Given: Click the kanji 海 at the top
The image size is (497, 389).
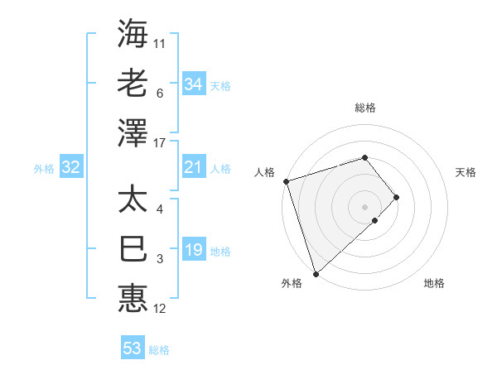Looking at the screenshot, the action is pyautogui.click(x=133, y=34).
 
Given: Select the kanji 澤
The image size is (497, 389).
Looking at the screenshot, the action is pyautogui.click(x=133, y=131).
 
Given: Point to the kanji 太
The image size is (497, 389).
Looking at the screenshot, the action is pyautogui.click(x=133, y=199).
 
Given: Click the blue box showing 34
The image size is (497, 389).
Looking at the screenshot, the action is pyautogui.click(x=194, y=84).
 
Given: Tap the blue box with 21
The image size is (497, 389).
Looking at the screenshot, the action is pyautogui.click(x=194, y=168).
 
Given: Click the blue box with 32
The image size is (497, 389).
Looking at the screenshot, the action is pyautogui.click(x=71, y=168).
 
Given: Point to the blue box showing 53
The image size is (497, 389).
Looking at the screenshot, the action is pyautogui.click(x=133, y=348).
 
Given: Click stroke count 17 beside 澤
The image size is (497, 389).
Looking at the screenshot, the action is pyautogui.click(x=161, y=143).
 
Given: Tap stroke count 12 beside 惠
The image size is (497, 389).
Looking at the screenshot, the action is pyautogui.click(x=160, y=309).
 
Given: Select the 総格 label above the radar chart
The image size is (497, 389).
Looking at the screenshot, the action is pyautogui.click(x=364, y=108).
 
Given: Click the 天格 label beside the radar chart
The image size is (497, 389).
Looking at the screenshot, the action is pyautogui.click(x=466, y=172).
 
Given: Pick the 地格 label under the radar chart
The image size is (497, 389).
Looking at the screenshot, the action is pyautogui.click(x=434, y=283).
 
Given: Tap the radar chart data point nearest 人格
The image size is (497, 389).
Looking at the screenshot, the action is pyautogui.click(x=286, y=180).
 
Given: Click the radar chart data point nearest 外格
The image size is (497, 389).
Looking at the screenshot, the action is pyautogui.click(x=316, y=273).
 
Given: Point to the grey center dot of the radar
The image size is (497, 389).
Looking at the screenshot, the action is pyautogui.click(x=364, y=206).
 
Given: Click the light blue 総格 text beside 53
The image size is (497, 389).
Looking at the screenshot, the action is pyautogui.click(x=159, y=350).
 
